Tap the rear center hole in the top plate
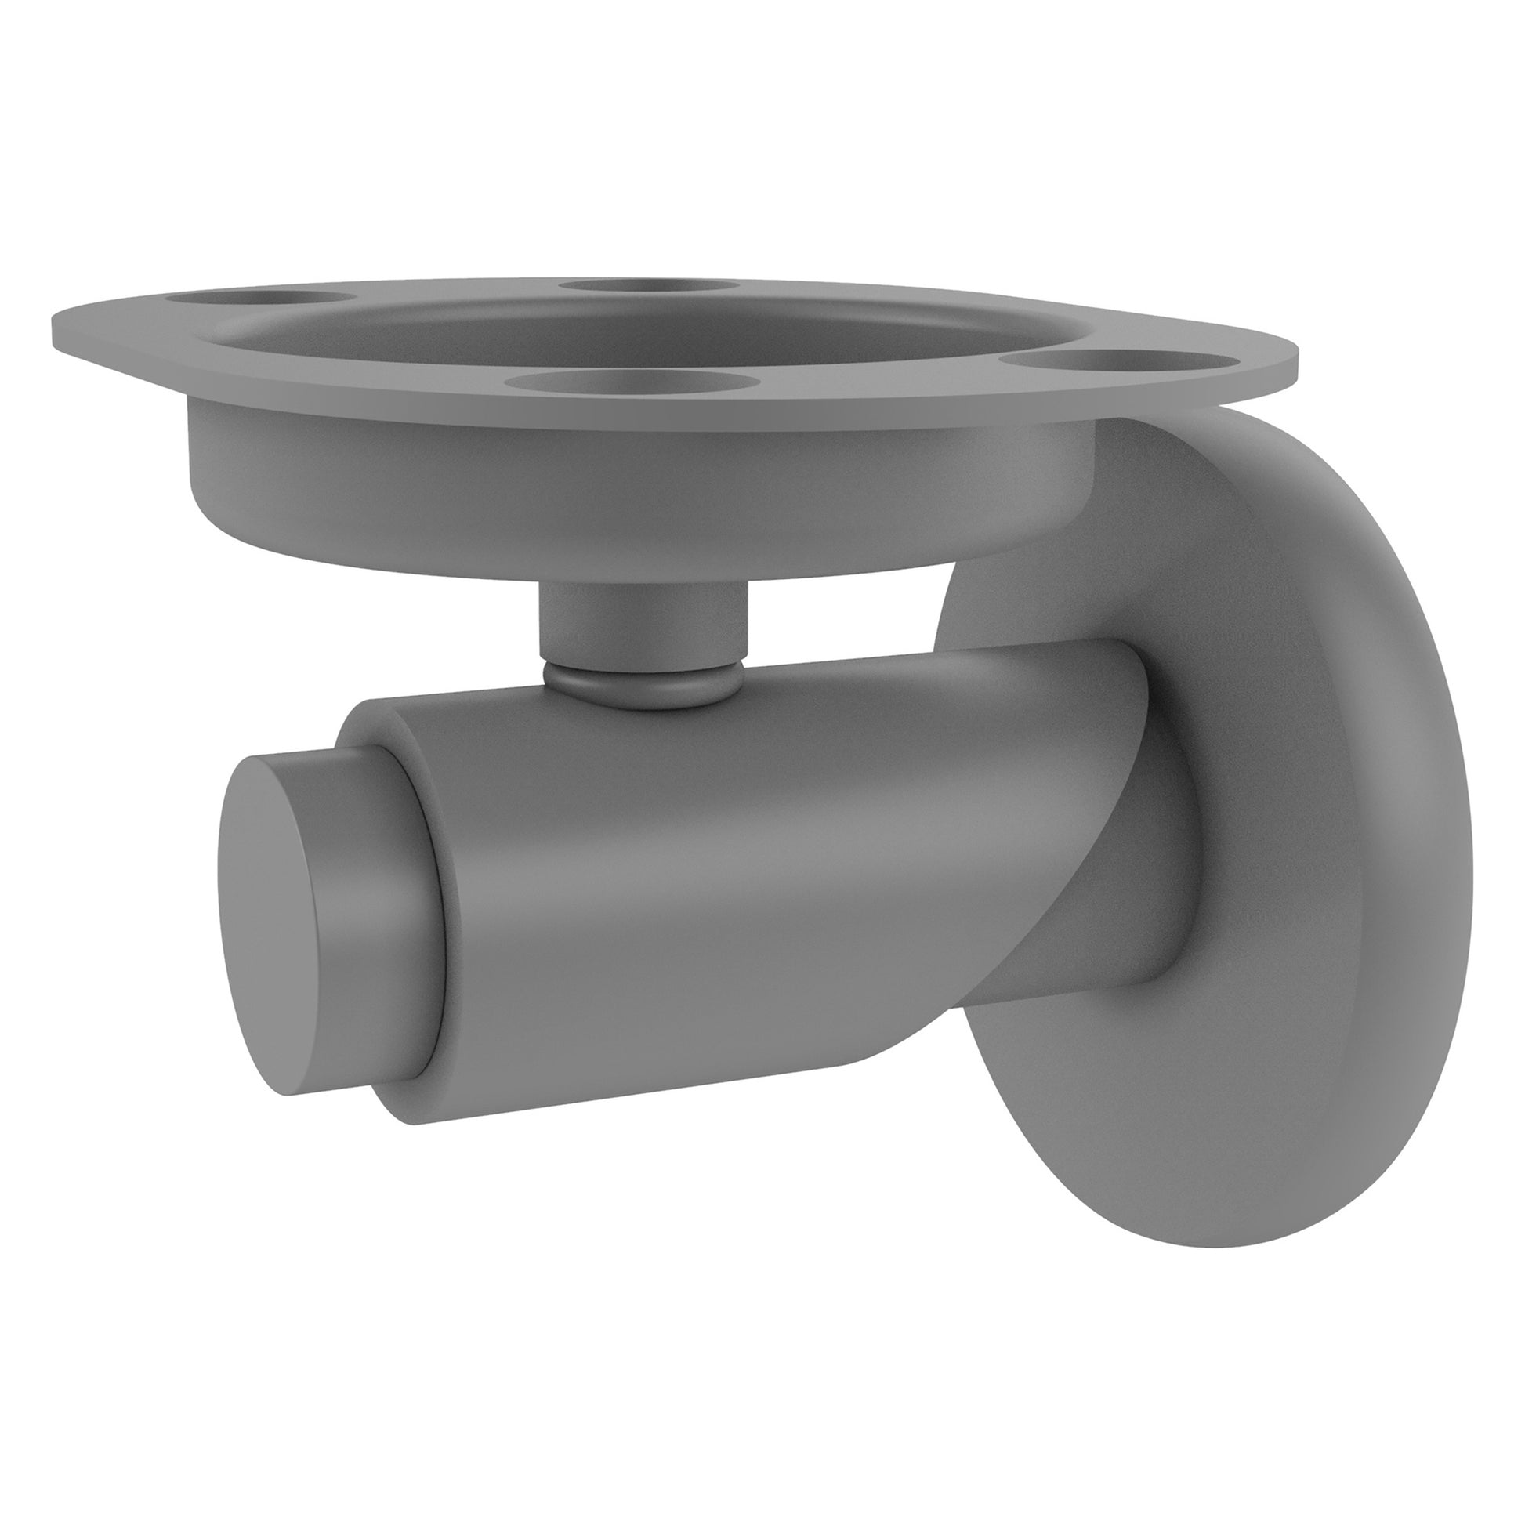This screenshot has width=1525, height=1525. tap(649, 286)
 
